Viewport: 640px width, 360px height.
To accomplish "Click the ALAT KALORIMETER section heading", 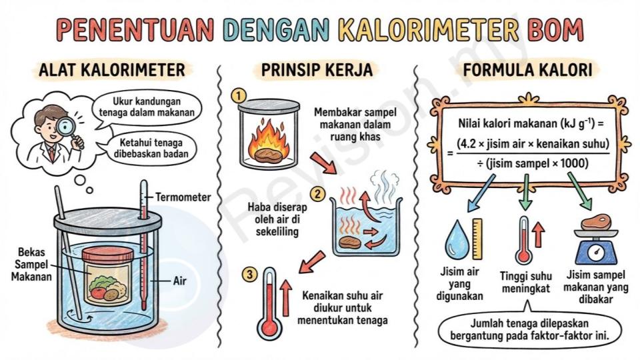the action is tap(112, 70).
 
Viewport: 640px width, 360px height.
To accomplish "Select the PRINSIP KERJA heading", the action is tap(317, 70).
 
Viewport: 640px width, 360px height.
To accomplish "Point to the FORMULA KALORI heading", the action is tap(527, 70).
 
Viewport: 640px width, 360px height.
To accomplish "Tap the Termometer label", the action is tap(183, 197).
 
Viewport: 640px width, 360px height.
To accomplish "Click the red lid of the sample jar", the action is tap(108, 255).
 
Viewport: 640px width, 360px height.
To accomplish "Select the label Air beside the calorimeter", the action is tap(179, 281).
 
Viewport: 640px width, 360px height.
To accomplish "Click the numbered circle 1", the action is tap(239, 96).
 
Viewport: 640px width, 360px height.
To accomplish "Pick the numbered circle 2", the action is tap(318, 193).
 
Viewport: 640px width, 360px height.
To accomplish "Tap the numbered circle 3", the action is tap(250, 274).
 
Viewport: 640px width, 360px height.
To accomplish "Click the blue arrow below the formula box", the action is tap(481, 193).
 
